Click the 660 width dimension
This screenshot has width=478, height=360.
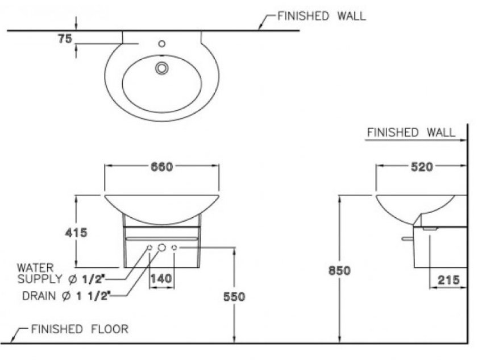pos(161,167)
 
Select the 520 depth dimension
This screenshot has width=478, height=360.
pos(421,167)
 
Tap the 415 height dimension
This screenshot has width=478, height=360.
pos(76,232)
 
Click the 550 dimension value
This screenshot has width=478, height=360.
pos(234,296)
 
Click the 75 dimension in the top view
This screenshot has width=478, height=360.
pos(64,38)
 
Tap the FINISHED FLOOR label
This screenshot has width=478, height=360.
pos(80,329)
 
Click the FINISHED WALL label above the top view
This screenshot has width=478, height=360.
pos(321,16)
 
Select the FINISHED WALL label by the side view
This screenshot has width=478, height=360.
pos(411,133)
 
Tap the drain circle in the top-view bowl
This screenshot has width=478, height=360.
pos(162,68)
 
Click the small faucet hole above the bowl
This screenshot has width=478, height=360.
pos(161,43)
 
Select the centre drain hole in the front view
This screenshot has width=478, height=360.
pos(161,248)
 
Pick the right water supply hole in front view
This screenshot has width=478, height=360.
pos(174,248)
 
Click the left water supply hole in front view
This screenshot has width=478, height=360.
pos(149,248)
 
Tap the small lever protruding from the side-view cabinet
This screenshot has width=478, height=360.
pos(406,239)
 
